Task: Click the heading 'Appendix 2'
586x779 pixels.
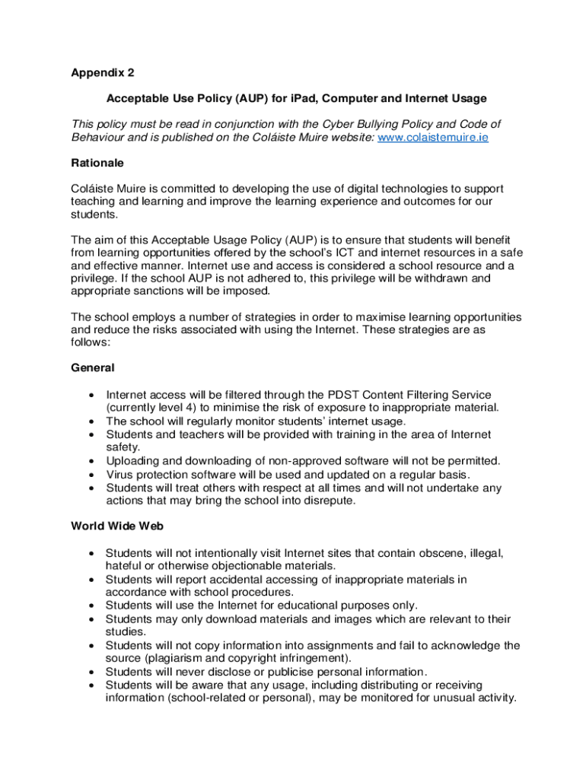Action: [x=103, y=74]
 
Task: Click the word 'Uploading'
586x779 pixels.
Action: [x=132, y=461]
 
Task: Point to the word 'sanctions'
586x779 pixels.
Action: [x=164, y=291]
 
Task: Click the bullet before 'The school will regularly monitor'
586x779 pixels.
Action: [x=91, y=421]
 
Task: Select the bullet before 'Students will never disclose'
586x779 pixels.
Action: [x=91, y=672]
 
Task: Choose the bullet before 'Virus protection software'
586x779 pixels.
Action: [x=91, y=474]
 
